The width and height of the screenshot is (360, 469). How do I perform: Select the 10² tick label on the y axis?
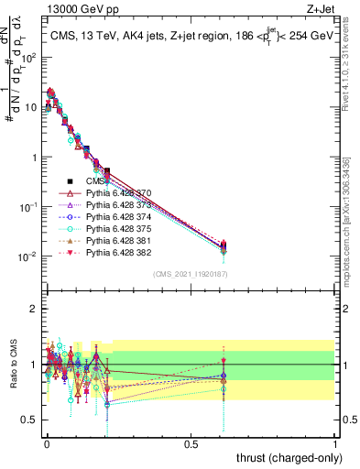pyautogui.click(x=27, y=57)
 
